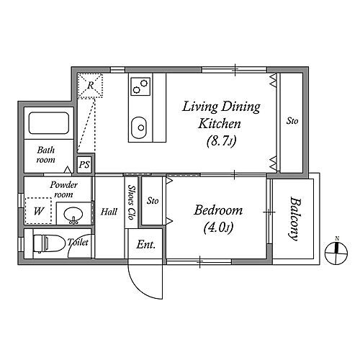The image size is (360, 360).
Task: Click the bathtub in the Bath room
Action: pos(49,123)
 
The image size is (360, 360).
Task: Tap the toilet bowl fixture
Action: pos(49,243)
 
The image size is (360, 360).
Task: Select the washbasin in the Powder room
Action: pos(73,215)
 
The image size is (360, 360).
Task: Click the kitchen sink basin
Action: pos(139,127)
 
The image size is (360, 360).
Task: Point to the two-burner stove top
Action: pos(140,86)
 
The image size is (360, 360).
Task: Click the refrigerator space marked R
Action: pos(90,86)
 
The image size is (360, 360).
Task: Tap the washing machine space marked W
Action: pos(38,211)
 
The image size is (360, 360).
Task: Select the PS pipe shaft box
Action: pos(84,165)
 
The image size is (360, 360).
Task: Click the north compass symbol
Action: pos(336,251)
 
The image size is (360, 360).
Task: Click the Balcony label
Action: pos(294,219)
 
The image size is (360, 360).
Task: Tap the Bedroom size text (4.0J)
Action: pos(218,228)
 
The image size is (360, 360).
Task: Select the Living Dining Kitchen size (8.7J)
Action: pos(221,141)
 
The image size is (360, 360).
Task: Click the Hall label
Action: pos(109,212)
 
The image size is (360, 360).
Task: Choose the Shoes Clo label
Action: pos(131,202)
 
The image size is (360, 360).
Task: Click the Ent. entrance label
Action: pos(146,245)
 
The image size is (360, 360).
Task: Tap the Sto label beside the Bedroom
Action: pos(153,200)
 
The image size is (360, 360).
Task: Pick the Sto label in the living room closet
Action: pos(292,121)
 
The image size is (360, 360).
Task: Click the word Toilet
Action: pos(78,242)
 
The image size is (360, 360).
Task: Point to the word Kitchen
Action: pos(219,124)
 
